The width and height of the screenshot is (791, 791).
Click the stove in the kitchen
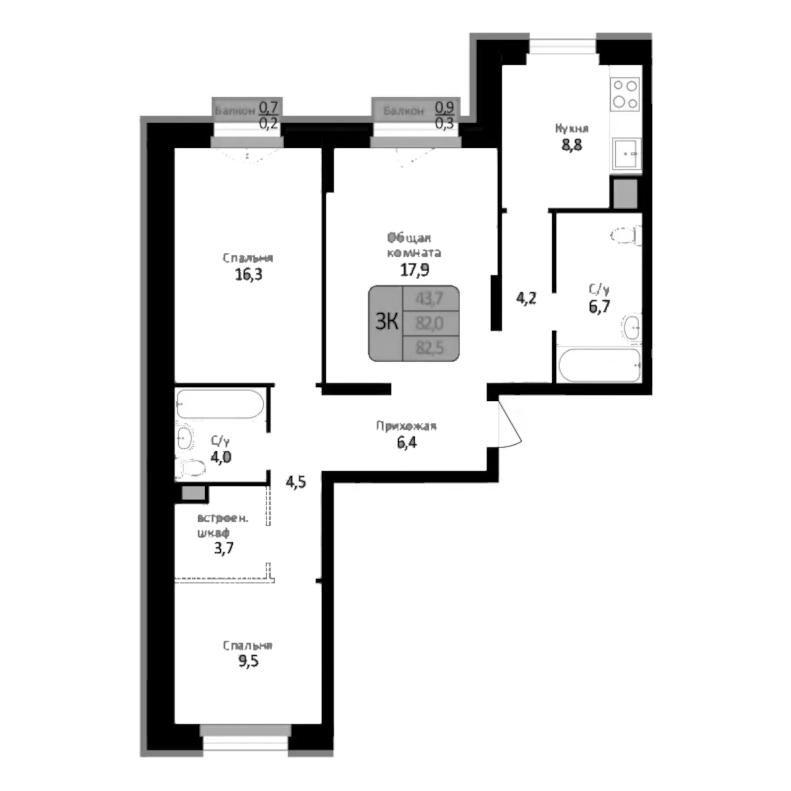click(624, 94)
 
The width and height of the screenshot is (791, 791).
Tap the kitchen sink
click(625, 153)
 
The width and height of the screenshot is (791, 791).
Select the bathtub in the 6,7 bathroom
click(599, 365)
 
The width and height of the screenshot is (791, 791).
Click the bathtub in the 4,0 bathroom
click(220, 403)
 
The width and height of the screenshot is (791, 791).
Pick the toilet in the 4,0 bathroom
click(191, 468)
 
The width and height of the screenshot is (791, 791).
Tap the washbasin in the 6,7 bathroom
click(632, 327)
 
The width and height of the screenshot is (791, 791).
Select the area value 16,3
click(248, 274)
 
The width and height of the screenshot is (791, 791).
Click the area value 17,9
click(414, 269)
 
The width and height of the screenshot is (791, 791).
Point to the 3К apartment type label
click(386, 322)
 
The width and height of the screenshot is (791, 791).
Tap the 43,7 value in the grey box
click(429, 299)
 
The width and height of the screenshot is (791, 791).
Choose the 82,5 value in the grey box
click(429, 348)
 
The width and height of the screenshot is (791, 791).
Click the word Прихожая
click(406, 426)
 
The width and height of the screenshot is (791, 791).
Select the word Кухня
click(571, 128)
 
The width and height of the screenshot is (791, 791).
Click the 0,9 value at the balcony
click(444, 108)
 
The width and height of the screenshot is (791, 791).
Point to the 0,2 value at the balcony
click(268, 124)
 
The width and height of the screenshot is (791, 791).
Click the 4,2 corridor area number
click(526, 298)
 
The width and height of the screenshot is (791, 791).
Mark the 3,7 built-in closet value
click(224, 548)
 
